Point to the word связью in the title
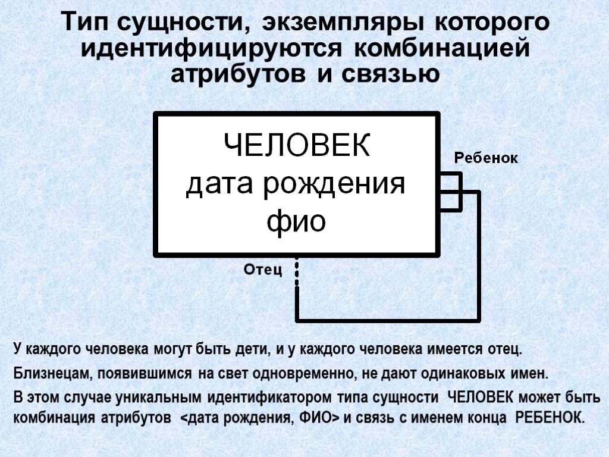coord(388,75)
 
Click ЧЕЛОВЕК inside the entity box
coord(296,146)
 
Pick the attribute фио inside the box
coord(296,222)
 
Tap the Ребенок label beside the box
coord(486,158)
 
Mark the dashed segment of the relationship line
coord(297,271)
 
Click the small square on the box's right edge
coord(451,192)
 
